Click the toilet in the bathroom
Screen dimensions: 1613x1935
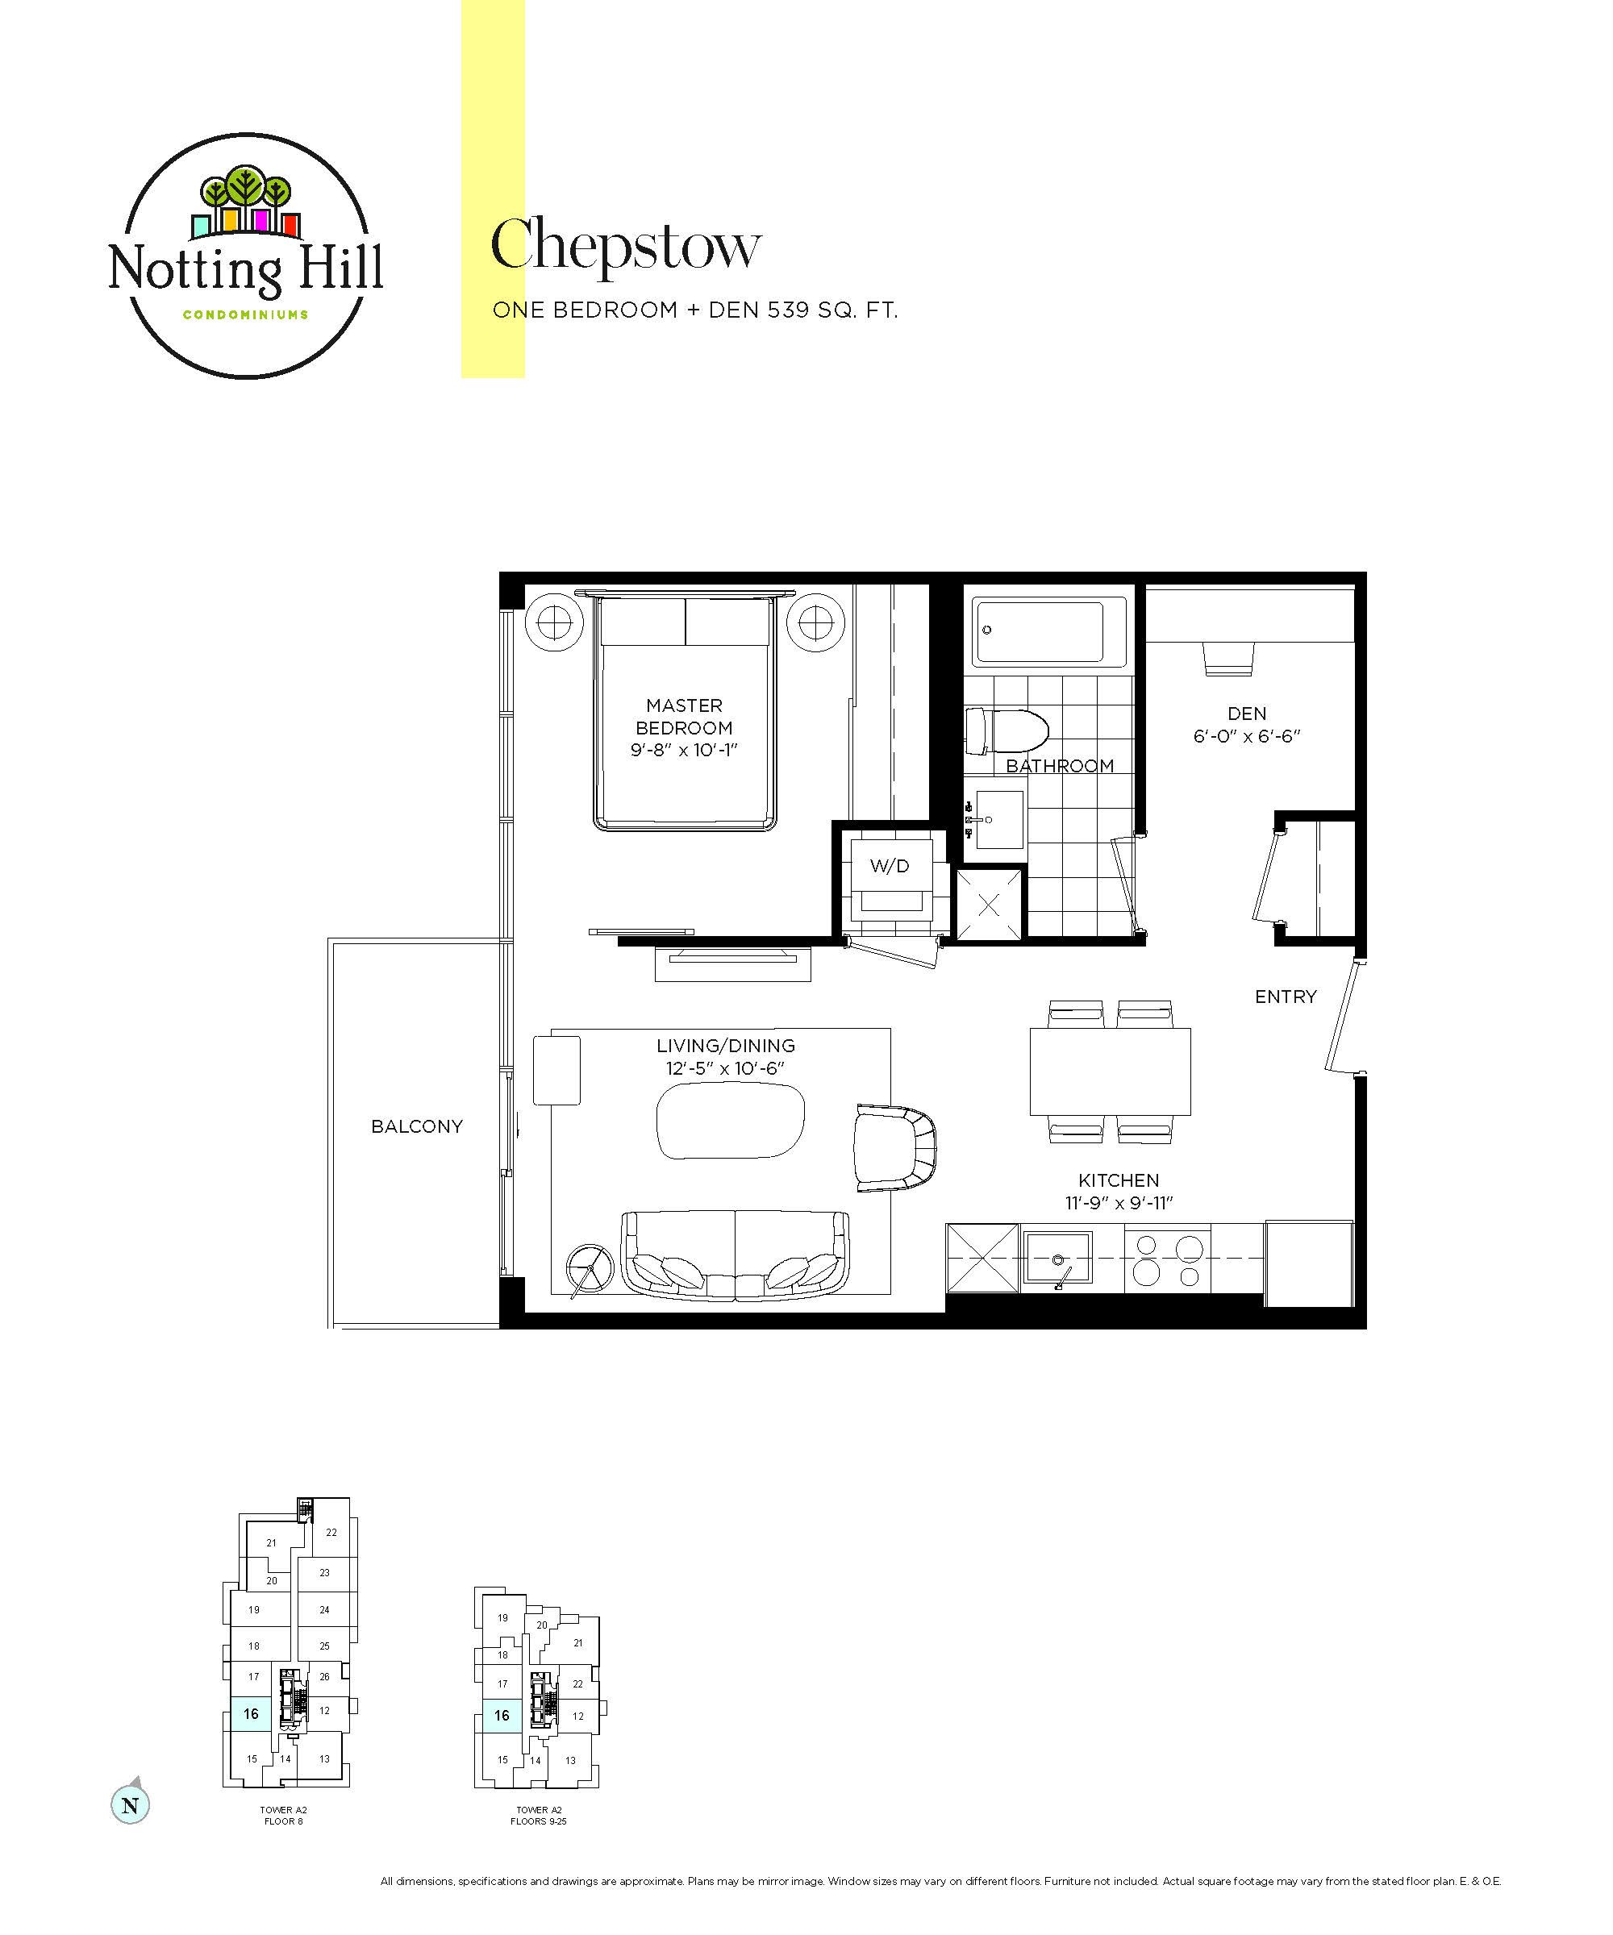pos(1006,730)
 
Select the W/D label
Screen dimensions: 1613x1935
pos(890,865)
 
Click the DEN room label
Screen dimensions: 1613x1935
pos(1246,714)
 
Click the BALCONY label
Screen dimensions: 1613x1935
pos(417,1126)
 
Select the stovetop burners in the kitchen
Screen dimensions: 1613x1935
pos(1168,1259)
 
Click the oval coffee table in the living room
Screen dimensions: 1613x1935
pos(730,1120)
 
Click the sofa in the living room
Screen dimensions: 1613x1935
pos(736,1255)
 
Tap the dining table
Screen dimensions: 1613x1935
pos(1110,1072)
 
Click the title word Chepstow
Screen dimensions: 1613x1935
pos(626,245)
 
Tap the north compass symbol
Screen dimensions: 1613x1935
pos(130,1804)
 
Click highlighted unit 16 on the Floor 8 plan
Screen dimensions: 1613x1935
pos(251,1714)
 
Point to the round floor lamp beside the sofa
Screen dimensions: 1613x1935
pos(589,1269)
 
